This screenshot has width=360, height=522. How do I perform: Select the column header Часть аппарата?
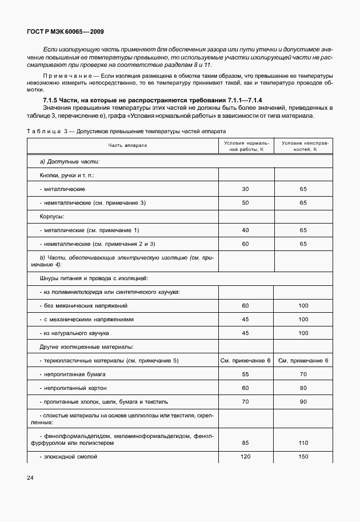(x=128, y=145)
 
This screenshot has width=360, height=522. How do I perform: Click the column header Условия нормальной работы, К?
(x=246, y=145)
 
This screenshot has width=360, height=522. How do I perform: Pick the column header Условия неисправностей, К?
(x=303, y=145)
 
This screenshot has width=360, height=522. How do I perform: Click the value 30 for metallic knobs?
(x=246, y=189)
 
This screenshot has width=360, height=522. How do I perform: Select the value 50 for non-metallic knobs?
(x=246, y=203)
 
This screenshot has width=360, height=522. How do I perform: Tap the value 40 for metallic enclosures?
(x=246, y=230)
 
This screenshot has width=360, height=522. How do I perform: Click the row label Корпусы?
(x=51, y=217)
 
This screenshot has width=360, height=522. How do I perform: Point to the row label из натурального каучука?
(x=74, y=333)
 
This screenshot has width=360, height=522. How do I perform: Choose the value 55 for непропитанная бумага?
(x=246, y=374)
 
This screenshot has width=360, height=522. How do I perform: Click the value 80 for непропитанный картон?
(x=303, y=388)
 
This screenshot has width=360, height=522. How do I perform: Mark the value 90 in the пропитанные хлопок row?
(x=303, y=401)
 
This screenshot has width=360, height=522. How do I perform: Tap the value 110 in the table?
(x=303, y=443)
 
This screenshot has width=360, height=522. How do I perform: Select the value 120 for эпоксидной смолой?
(x=246, y=457)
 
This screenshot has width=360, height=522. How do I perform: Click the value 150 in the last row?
(x=303, y=457)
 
